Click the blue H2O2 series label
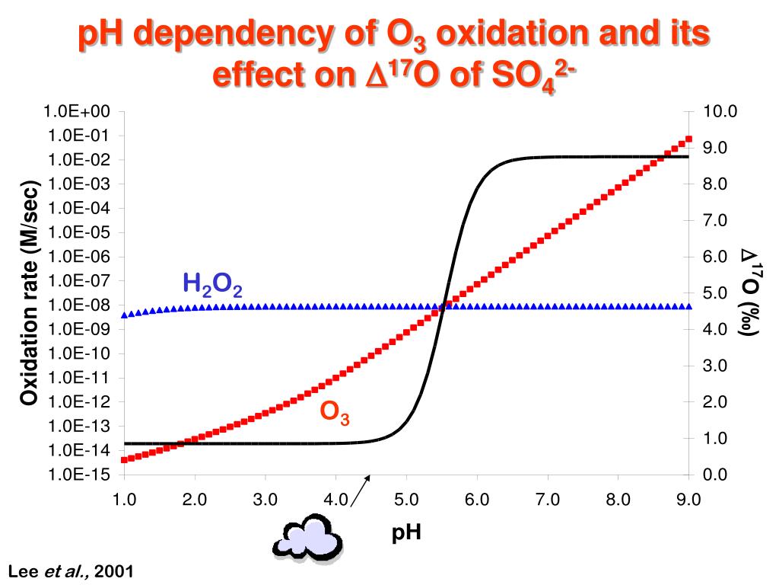212,285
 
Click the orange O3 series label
334,412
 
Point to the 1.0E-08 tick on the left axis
78,305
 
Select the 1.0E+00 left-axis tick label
77,111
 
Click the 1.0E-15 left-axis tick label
78,475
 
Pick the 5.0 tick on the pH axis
406,500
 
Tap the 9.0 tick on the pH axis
688,500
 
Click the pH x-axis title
406,533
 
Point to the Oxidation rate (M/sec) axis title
29,293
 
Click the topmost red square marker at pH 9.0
688,139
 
